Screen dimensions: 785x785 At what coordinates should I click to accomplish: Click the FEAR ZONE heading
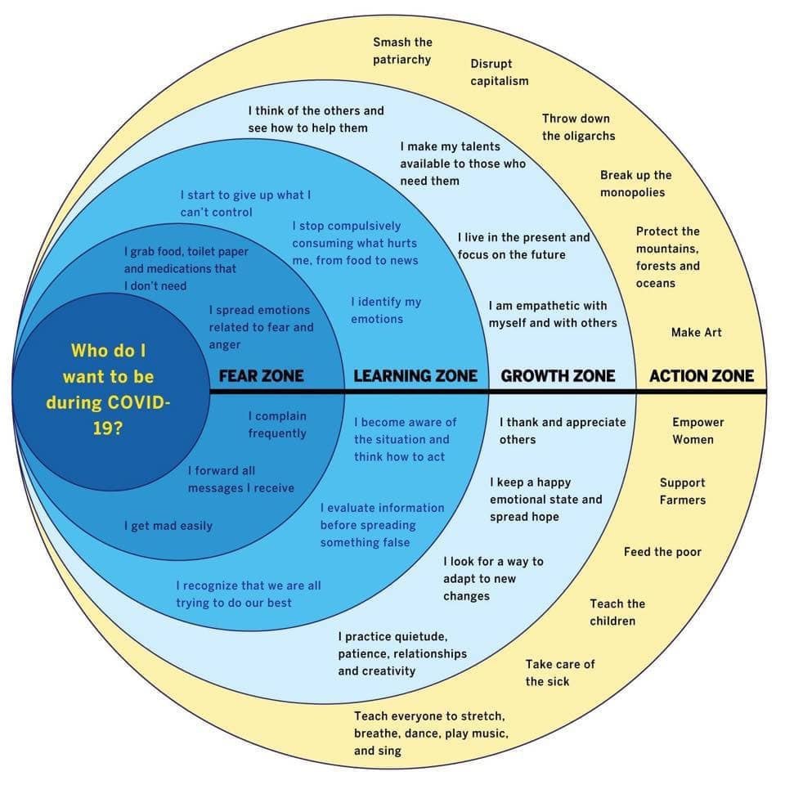[x=261, y=376]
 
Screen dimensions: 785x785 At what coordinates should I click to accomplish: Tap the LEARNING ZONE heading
[x=415, y=376]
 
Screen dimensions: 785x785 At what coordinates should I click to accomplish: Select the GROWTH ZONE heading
[x=558, y=376]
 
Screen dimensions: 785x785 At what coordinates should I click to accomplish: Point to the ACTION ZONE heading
[x=702, y=376]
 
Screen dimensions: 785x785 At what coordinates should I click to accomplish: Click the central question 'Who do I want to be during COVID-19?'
[x=108, y=389]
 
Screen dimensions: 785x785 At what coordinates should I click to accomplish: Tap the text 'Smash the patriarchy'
[x=402, y=51]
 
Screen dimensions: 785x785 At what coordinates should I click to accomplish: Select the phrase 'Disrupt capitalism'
[x=499, y=72]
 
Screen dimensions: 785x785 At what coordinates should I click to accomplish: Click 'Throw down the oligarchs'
[x=578, y=128]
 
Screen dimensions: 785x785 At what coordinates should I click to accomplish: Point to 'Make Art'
[x=697, y=333]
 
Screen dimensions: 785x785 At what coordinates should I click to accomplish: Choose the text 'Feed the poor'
[x=662, y=552]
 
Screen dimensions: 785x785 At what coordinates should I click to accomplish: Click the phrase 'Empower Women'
[x=698, y=431]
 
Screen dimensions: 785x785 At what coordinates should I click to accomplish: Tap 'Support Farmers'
[x=682, y=491]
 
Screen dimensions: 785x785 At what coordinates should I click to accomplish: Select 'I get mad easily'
[x=168, y=526]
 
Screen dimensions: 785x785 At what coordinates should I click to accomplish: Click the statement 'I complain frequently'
[x=277, y=424]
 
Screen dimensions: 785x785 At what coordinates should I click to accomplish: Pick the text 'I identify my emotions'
[x=386, y=311]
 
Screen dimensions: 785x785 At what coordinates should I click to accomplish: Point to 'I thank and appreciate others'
[x=563, y=431]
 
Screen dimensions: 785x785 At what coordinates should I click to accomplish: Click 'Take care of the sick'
[x=559, y=672]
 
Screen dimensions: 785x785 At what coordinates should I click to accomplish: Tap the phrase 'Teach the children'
[x=617, y=612]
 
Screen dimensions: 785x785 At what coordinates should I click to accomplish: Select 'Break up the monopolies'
[x=636, y=184]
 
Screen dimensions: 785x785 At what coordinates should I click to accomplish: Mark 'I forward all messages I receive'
[x=240, y=479]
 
